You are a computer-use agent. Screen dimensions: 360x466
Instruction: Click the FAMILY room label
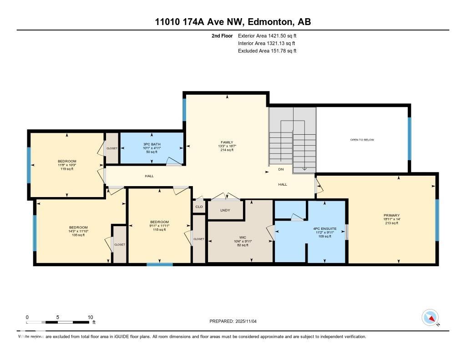(227, 142)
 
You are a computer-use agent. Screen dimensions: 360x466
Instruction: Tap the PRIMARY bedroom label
(391, 215)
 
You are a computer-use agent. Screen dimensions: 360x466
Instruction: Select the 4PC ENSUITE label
(324, 228)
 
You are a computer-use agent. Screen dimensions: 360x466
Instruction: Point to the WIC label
(243, 237)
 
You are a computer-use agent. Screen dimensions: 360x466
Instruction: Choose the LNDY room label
(225, 210)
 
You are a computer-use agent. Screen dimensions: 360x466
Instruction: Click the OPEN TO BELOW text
(362, 140)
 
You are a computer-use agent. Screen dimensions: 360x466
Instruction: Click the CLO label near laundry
(199, 207)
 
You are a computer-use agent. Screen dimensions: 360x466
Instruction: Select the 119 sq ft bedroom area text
(67, 169)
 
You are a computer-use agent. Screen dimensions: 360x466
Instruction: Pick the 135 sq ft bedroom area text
(78, 235)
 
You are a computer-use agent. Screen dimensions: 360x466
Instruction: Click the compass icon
(430, 317)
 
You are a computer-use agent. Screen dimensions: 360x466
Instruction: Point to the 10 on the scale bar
(90, 317)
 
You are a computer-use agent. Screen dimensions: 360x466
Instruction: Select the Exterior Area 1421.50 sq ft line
(267, 35)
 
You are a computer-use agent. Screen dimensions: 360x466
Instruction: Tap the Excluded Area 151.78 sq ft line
(267, 51)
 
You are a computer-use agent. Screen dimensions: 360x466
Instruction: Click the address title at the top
(233, 22)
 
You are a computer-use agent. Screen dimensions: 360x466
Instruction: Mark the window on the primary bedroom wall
(437, 220)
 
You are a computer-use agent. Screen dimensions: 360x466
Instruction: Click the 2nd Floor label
(222, 35)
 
